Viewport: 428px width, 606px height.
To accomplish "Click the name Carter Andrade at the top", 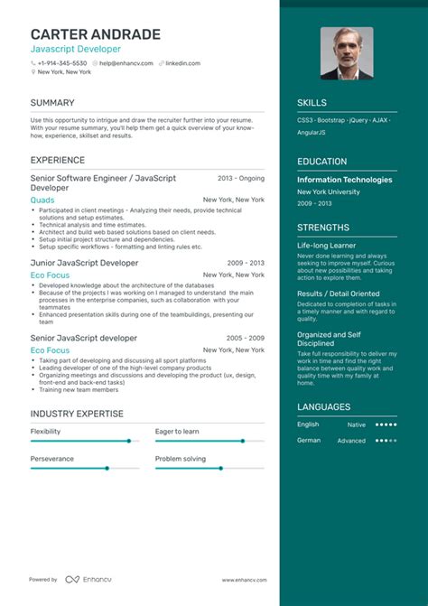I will pyautogui.click(x=95, y=34).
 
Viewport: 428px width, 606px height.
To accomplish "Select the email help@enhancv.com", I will pyautogui.click(x=124, y=63).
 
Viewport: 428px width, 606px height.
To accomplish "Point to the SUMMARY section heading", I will pyautogui.click(x=52, y=103).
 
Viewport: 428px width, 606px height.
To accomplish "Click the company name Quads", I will pyautogui.click(x=42, y=200).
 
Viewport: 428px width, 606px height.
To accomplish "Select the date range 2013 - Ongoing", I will pyautogui.click(x=241, y=179).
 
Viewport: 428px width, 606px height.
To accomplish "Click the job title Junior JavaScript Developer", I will pyautogui.click(x=84, y=263).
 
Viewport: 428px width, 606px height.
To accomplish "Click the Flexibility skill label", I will pyautogui.click(x=46, y=432).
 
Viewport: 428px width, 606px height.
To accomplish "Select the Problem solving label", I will pyautogui.click(x=180, y=459).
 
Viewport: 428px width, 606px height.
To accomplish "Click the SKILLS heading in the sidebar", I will pyautogui.click(x=312, y=103).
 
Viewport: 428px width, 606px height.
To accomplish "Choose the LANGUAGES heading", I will pyautogui.click(x=324, y=407).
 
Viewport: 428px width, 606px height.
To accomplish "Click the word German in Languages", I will pyautogui.click(x=309, y=440).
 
